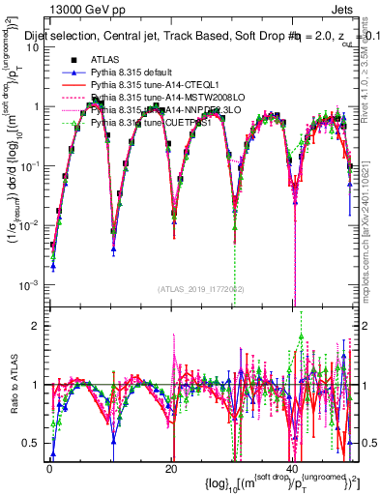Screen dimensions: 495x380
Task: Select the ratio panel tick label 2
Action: coord(38,326)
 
